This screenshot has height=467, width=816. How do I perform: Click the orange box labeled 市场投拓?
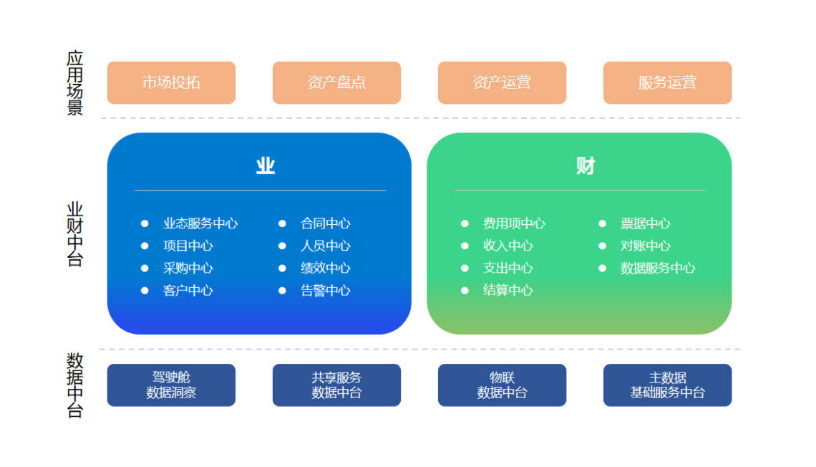(x=171, y=83)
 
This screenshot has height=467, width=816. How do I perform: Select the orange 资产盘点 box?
(x=336, y=83)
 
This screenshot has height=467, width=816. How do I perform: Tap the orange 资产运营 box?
(x=502, y=83)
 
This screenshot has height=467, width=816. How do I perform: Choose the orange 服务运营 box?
(x=668, y=83)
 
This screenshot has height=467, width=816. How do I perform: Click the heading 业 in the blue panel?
(x=266, y=166)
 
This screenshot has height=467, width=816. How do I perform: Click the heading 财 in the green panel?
(x=586, y=166)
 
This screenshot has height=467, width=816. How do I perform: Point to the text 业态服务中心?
(x=200, y=223)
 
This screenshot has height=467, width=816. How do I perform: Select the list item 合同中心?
(x=325, y=223)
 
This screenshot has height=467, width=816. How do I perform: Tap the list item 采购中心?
(x=188, y=268)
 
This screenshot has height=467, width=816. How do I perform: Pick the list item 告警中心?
(x=325, y=291)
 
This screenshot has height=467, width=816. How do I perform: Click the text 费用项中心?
(x=514, y=223)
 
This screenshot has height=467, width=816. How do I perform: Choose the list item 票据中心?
(x=646, y=223)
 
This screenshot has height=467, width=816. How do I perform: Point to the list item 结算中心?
(x=508, y=291)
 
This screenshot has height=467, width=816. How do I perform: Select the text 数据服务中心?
(x=658, y=268)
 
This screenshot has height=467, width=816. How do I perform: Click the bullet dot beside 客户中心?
(x=145, y=291)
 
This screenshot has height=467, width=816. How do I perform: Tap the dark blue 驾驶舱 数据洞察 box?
(x=171, y=385)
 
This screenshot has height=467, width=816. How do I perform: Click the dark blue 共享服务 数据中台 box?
(x=336, y=385)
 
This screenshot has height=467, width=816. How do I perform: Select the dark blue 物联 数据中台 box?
(x=502, y=385)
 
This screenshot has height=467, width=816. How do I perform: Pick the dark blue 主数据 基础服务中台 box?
(x=668, y=385)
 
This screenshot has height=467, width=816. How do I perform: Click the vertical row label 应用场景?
(x=75, y=83)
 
